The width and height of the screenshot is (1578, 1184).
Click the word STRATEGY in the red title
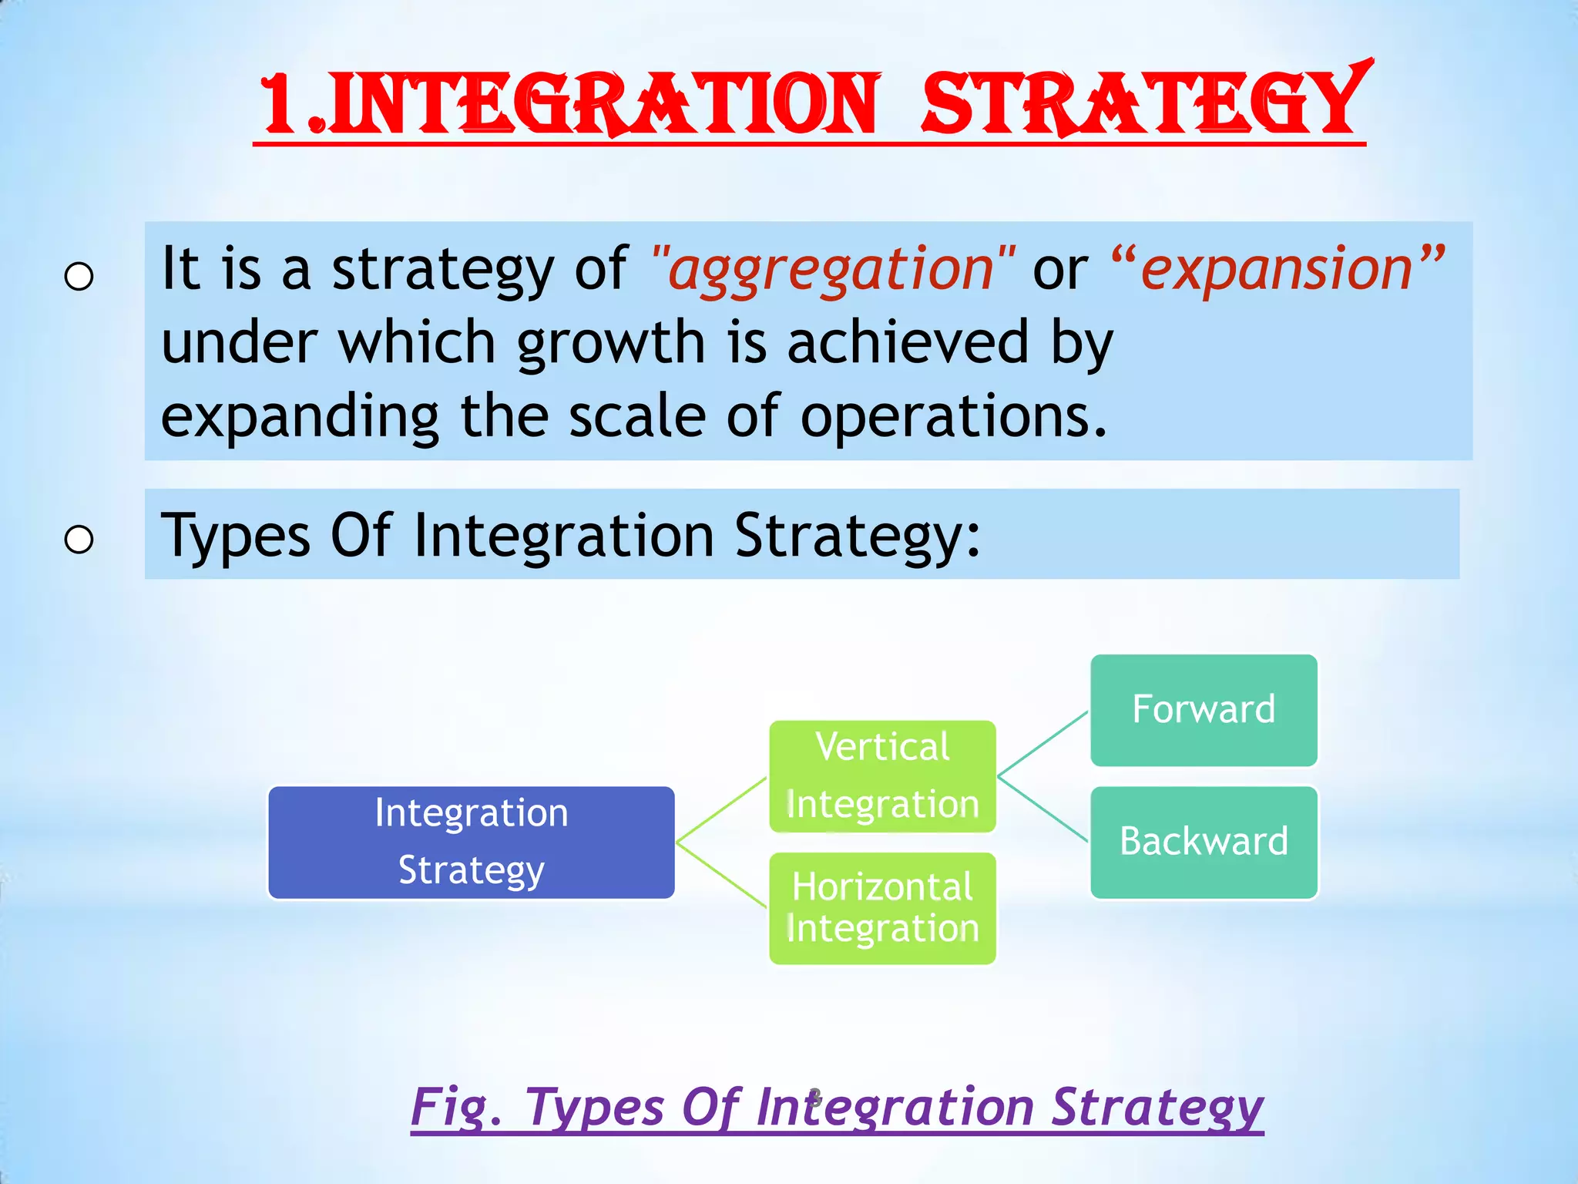tap(1144, 104)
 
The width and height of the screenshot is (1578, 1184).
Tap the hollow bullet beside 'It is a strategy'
tap(79, 276)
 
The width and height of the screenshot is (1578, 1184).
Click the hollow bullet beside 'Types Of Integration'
tap(79, 540)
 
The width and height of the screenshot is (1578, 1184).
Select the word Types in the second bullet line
tap(235, 535)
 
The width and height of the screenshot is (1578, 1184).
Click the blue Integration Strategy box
tap(471, 842)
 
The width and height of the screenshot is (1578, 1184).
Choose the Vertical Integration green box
tap(882, 775)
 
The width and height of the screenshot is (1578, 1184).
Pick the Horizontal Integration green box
tap(882, 908)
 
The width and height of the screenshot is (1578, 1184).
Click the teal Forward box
tap(1204, 709)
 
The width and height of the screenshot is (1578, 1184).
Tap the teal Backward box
tap(1204, 842)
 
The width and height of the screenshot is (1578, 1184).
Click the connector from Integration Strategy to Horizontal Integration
tap(721, 875)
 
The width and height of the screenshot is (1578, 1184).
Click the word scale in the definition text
tap(636, 416)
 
